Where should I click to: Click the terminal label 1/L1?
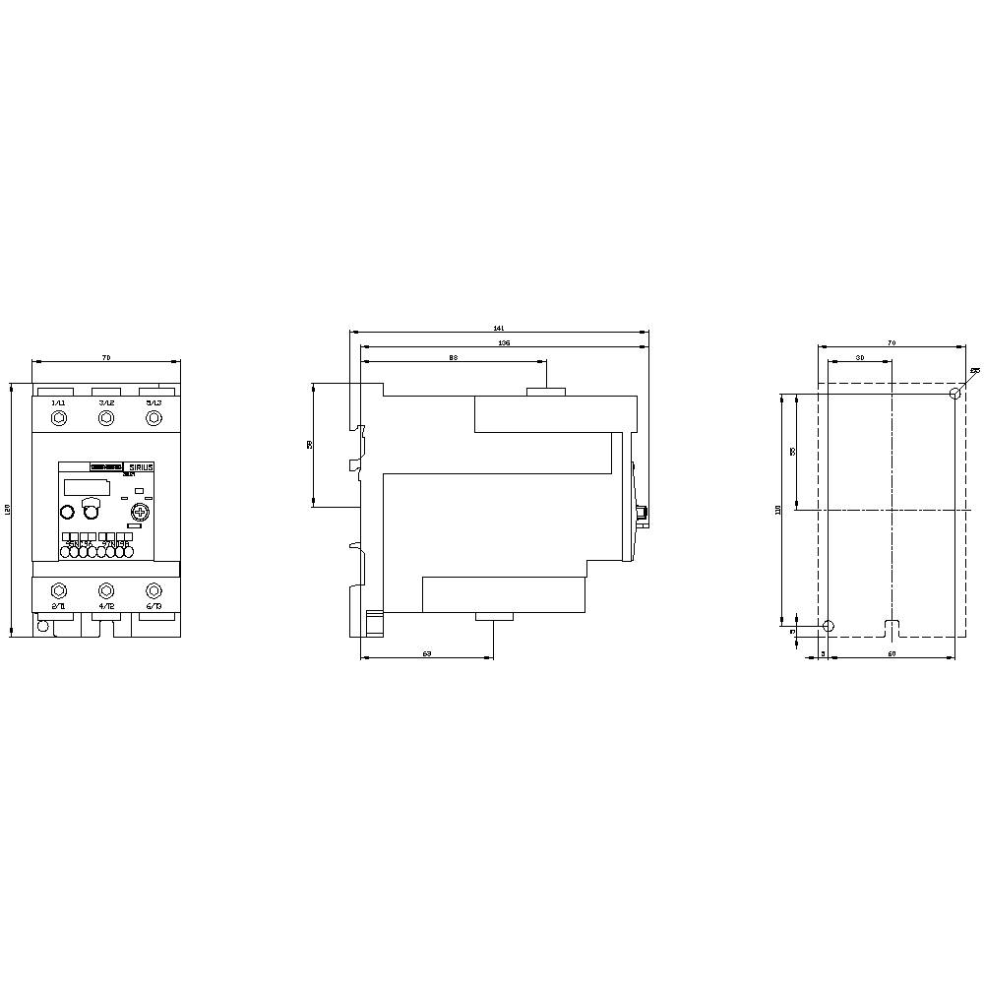point(58,403)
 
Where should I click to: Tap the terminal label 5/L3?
point(154,403)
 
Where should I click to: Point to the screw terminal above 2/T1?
point(58,590)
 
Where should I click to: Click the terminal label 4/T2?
point(106,607)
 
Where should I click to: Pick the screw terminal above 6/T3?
point(154,590)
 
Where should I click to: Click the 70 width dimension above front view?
point(106,355)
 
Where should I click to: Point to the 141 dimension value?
point(498,329)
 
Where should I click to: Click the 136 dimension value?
point(503,342)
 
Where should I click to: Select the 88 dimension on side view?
point(453,358)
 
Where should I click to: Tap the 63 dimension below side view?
point(427,653)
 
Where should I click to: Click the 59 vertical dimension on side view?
point(310,445)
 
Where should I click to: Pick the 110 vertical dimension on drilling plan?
point(778,509)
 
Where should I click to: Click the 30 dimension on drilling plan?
point(859,357)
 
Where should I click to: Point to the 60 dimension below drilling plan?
point(892,653)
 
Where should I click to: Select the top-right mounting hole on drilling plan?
point(954,394)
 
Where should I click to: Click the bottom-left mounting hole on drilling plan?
point(829,626)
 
